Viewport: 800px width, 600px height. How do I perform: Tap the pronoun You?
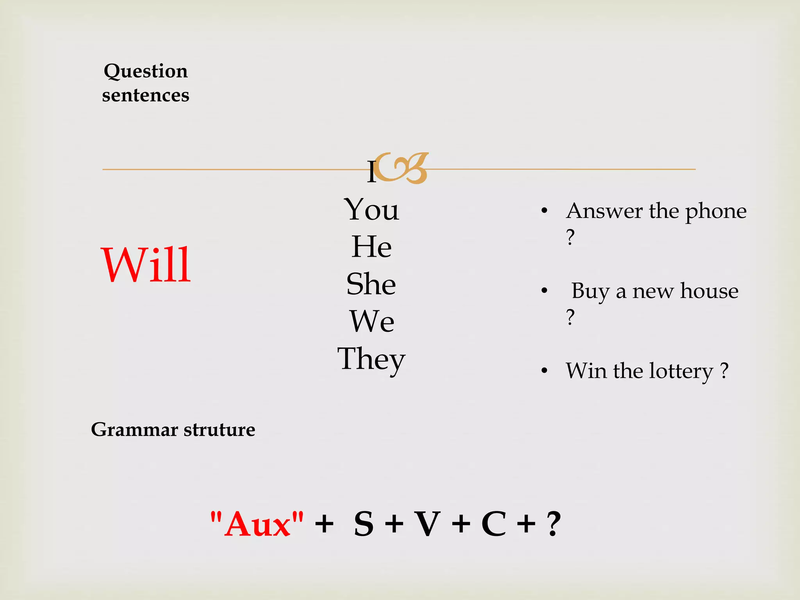click(371, 210)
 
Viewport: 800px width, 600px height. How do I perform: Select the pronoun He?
click(371, 247)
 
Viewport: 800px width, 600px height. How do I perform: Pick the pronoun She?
click(371, 284)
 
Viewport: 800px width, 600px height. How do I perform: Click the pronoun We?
click(372, 321)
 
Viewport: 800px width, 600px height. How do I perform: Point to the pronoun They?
click(371, 359)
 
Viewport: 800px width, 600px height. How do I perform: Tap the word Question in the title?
click(146, 71)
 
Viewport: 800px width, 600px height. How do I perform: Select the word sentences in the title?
click(146, 95)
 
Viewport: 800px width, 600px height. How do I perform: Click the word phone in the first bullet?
click(716, 211)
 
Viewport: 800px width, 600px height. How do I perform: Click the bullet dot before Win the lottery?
click(545, 370)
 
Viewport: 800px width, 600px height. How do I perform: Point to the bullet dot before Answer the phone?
click(545, 211)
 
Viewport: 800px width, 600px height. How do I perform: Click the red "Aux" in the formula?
click(257, 524)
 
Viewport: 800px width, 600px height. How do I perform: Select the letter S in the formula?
click(364, 524)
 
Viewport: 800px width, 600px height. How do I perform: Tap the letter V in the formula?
click(427, 524)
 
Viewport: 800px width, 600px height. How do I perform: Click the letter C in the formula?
click(494, 524)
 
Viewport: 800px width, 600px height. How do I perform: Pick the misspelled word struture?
click(219, 430)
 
